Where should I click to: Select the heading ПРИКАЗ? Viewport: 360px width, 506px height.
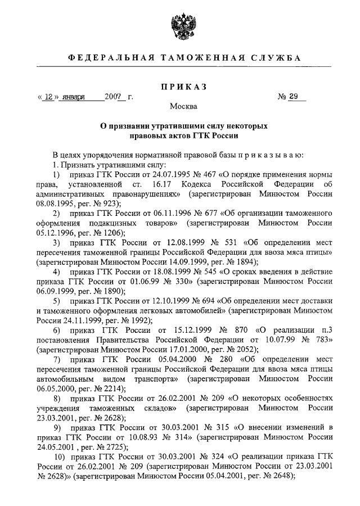point(180,87)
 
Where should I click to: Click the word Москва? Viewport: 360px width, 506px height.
point(180,106)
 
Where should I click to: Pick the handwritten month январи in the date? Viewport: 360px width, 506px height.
point(75,97)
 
